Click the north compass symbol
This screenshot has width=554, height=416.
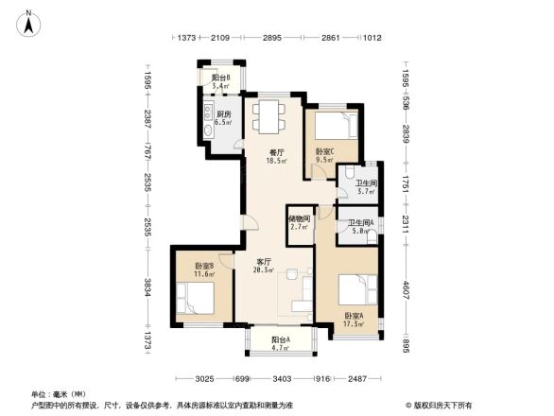[x=29, y=23]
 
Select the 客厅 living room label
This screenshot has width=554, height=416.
[x=264, y=261]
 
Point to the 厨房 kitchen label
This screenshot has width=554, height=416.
[x=222, y=113]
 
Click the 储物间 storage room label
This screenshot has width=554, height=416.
[x=299, y=218]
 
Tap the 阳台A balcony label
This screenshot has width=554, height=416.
[x=281, y=338]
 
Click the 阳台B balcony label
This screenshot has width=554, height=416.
[x=221, y=78]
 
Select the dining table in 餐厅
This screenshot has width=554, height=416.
[x=267, y=115]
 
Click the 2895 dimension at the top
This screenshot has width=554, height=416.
[x=273, y=37]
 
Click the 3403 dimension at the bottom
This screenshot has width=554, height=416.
[x=281, y=380]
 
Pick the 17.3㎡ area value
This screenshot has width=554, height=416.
[x=354, y=323]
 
